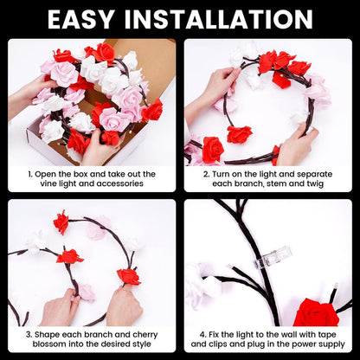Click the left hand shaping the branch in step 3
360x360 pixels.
pyautogui.click(x=61, y=307)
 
